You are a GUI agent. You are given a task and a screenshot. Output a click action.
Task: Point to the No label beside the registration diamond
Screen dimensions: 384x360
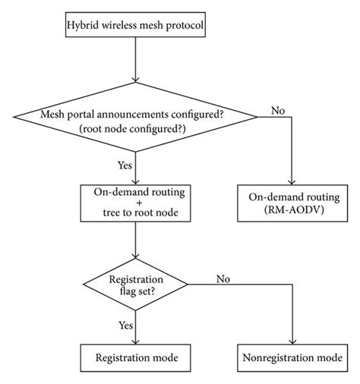click(x=224, y=278)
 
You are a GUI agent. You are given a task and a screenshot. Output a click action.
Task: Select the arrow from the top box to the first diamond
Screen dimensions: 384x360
click(x=135, y=65)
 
